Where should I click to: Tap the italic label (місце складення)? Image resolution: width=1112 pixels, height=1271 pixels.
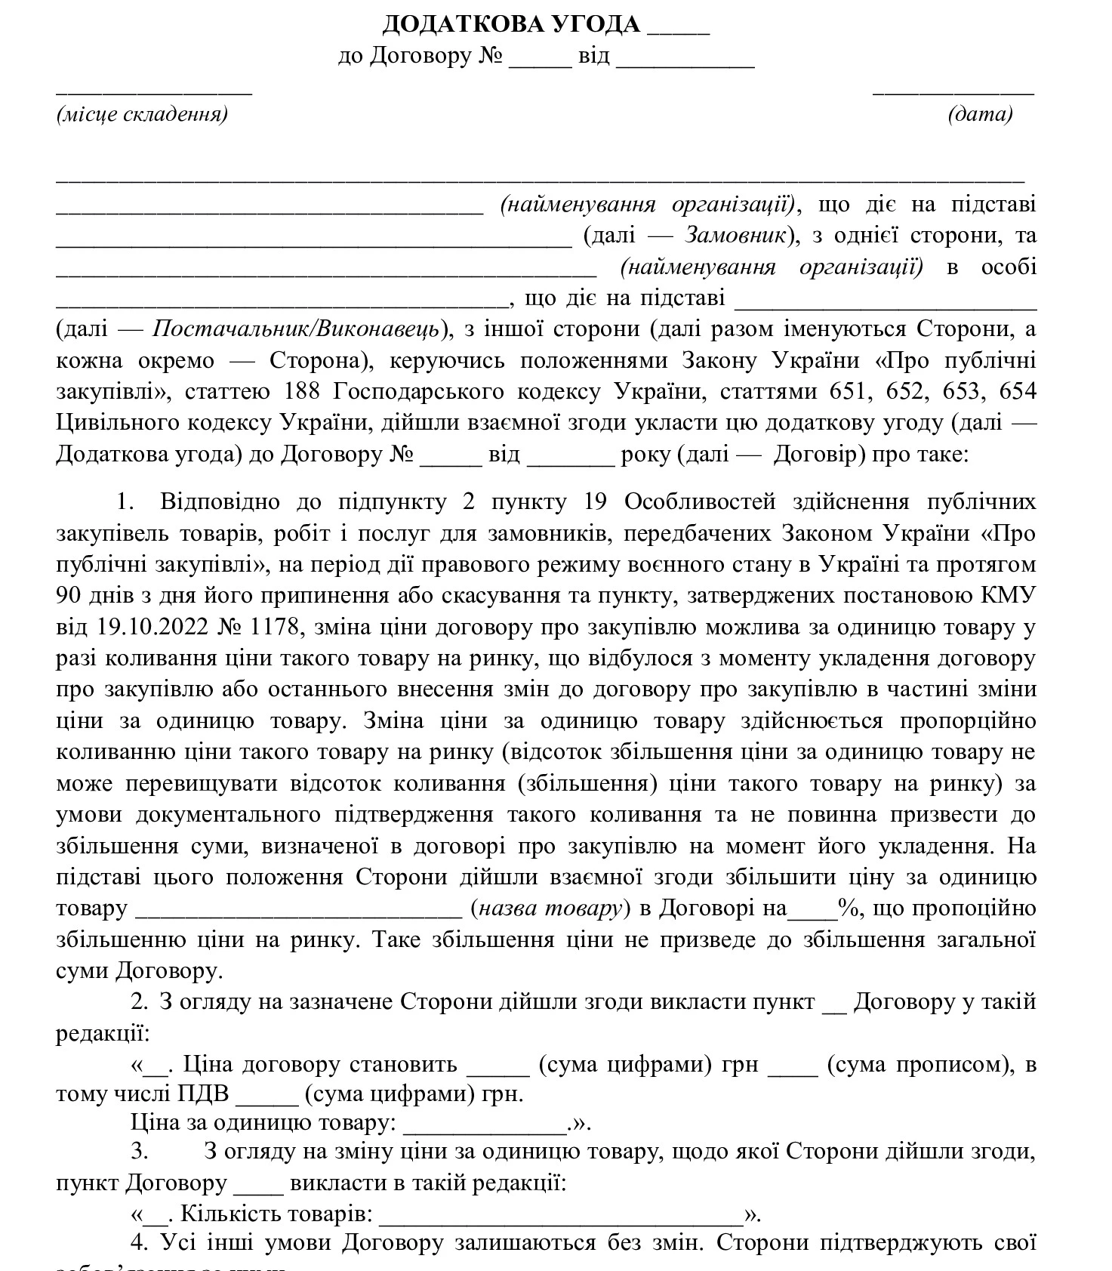[142, 115]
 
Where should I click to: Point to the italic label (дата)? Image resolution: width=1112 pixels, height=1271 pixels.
[980, 115]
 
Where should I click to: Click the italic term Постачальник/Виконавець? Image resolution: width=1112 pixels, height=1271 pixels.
[296, 329]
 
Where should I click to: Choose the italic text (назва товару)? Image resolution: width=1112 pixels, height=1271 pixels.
[550, 908]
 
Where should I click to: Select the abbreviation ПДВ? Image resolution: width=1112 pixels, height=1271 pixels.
[204, 1094]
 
